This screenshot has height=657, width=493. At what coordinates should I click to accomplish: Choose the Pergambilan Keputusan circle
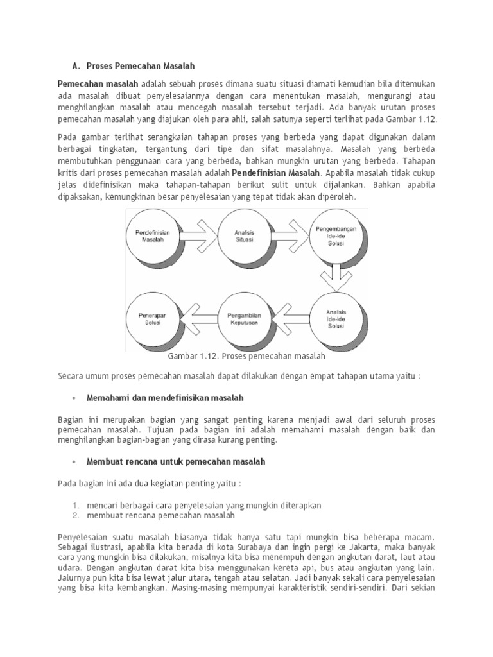pos(244,320)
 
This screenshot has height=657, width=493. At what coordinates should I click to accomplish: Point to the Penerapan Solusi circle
pos(153,319)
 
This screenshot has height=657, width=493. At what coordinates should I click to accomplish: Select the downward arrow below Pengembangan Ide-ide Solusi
pos(336,277)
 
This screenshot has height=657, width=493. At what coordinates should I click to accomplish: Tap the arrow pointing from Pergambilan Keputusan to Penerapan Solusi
pos(198,319)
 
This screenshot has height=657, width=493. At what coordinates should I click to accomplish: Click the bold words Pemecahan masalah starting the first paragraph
pos(98,83)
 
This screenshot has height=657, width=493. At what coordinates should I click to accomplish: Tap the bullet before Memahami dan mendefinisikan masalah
pos(74,398)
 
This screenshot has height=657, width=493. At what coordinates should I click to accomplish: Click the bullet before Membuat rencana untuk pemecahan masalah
pos(74,462)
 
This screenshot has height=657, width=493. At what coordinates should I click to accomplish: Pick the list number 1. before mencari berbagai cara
pos(75,506)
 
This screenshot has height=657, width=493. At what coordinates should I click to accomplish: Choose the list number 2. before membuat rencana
pos(75,515)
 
